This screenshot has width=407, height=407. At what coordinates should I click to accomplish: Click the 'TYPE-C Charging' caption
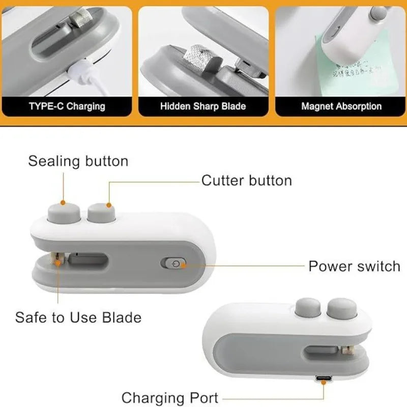(68, 106)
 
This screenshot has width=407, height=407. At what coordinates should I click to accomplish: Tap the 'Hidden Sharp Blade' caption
(203, 106)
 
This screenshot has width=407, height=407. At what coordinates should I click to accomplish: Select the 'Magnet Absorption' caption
(341, 106)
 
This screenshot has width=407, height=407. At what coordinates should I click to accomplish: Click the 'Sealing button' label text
(78, 161)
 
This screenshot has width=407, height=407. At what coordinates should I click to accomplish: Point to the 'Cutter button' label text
(247, 181)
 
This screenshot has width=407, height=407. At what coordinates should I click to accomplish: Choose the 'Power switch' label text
(354, 266)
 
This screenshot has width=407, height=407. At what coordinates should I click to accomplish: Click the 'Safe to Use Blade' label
(78, 317)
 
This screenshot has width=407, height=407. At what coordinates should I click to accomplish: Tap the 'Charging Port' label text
(170, 397)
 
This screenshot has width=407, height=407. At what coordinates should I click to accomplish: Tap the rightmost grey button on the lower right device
(340, 309)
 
